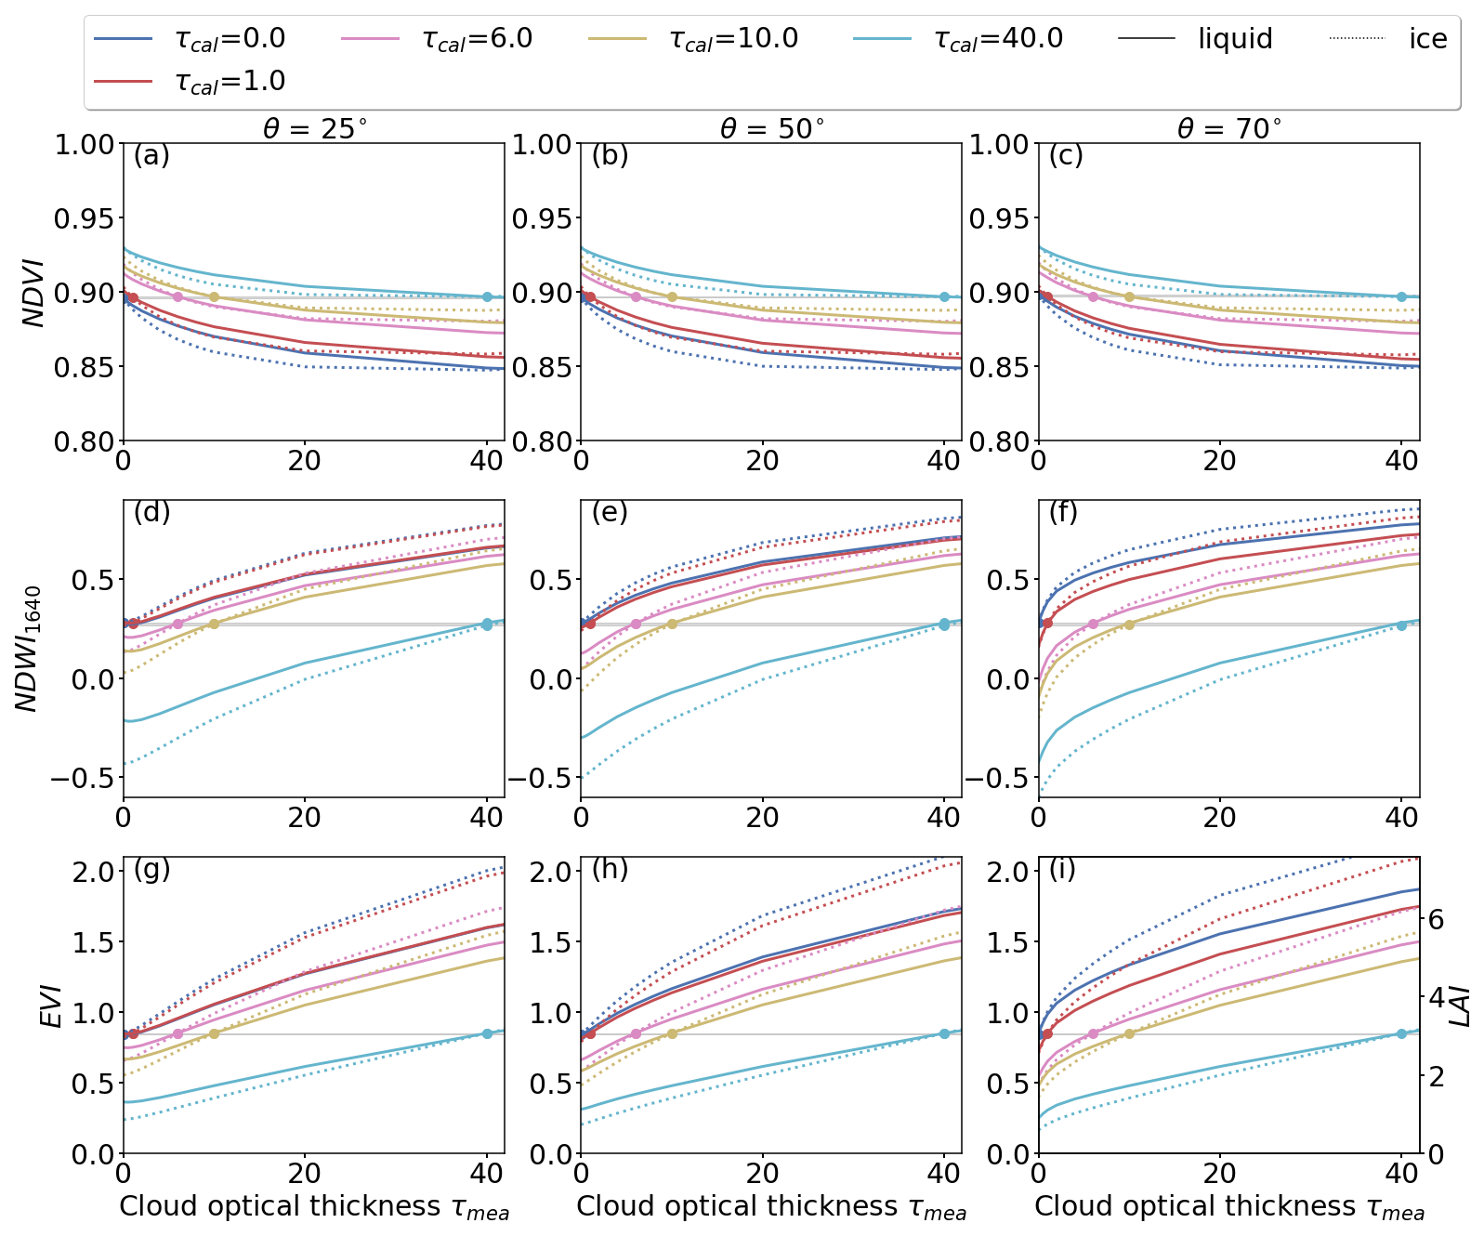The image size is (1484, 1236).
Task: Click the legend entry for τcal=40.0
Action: pos(957,39)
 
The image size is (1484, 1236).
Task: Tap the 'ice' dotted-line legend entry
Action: pos(1388,39)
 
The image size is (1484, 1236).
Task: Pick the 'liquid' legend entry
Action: pos(1195,39)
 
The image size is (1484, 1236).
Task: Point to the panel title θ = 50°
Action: pos(771,129)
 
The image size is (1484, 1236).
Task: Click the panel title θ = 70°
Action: pos(1228,129)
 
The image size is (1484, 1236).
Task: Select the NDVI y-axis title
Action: pos(34,293)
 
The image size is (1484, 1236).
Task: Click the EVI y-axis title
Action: pos(52,1006)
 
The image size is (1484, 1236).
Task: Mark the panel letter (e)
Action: pos(610,512)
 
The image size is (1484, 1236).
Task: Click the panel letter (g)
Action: pos(151,870)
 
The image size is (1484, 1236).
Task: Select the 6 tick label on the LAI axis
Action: pos(1436,920)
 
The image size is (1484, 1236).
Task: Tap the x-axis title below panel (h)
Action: pos(771,1207)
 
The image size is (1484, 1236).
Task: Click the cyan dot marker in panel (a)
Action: pos(487,296)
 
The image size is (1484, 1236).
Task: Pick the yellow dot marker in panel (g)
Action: pos(214,1033)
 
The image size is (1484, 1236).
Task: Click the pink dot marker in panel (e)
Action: pos(636,624)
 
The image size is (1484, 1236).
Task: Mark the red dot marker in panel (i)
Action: pos(1047,1033)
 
